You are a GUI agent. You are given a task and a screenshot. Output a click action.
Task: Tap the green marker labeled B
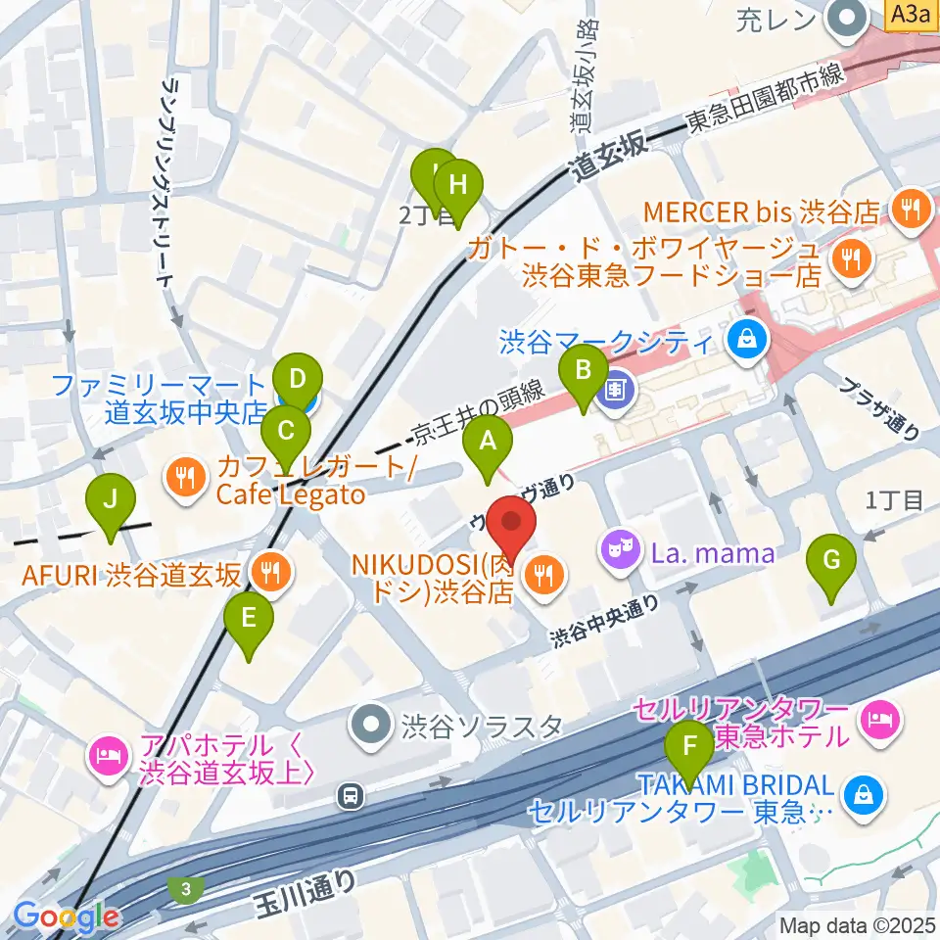pos(583,372)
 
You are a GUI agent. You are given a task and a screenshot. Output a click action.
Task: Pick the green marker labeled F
pos(690,748)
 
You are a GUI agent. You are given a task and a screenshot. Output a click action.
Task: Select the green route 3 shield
pos(185,888)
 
